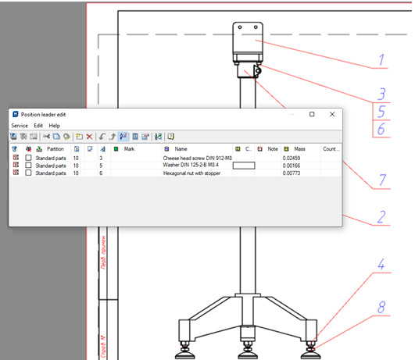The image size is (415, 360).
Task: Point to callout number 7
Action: click(381, 180)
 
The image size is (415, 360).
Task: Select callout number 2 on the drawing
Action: click(381, 216)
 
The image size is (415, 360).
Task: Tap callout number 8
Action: click(381, 308)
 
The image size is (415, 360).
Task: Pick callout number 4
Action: click(381, 265)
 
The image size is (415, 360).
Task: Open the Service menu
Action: click(20, 125)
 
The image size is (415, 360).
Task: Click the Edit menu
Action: click(38, 125)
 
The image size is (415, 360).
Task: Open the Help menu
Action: click(54, 125)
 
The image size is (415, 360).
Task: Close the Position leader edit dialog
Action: click(331, 114)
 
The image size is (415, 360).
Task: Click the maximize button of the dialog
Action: click(312, 114)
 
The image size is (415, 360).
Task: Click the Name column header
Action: click(181, 148)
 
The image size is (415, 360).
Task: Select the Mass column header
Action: click(300, 148)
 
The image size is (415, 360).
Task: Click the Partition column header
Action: click(55, 148)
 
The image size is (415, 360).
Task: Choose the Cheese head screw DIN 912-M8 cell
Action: click(198, 158)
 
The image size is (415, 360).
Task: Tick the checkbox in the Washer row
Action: click(29, 166)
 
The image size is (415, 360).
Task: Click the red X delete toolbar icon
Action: click(90, 137)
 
